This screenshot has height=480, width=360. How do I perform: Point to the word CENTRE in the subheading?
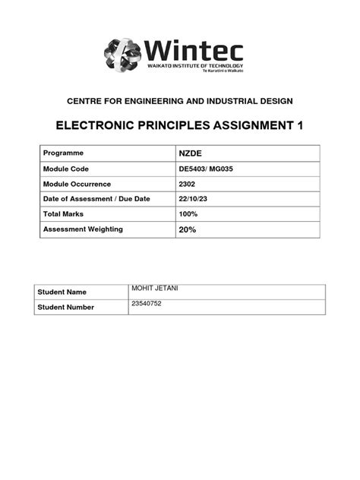88,101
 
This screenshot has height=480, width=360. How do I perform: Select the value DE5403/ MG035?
205,169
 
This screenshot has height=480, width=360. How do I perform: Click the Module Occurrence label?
77,184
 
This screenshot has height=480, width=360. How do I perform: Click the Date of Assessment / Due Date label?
96,199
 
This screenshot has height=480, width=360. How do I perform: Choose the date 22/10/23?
192,199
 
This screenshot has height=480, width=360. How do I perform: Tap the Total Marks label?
68,214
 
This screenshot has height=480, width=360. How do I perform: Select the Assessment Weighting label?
83,229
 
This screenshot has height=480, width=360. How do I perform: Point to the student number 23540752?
147,304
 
